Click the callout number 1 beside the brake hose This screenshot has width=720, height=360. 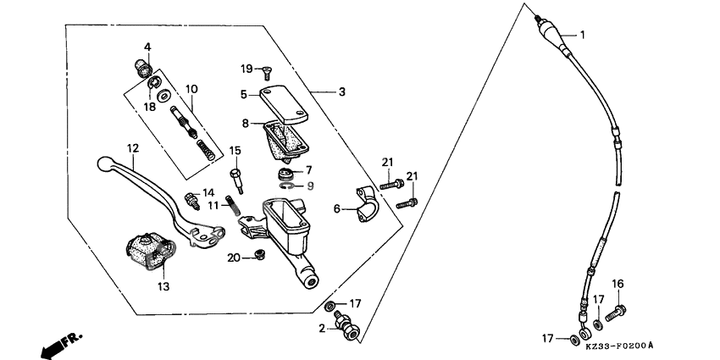click(x=582, y=35)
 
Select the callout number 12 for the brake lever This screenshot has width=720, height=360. click(x=132, y=148)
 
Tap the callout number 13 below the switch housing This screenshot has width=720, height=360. click(x=163, y=286)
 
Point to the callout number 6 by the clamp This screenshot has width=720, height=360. click(x=336, y=208)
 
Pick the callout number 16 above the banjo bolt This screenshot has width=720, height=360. click(x=618, y=283)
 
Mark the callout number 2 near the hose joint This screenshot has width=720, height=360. click(x=322, y=327)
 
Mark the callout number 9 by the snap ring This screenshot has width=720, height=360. click(x=309, y=186)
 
